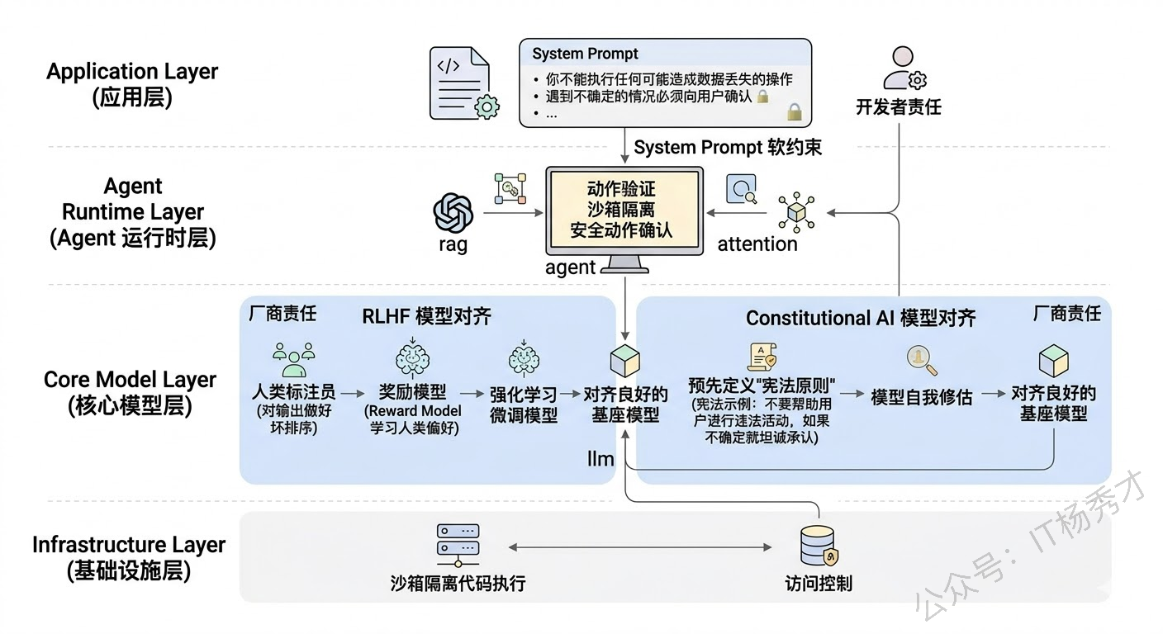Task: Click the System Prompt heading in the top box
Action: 585,54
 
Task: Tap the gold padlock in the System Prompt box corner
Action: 794,110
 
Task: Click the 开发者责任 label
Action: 898,107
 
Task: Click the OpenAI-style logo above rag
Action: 453,212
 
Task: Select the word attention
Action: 757,244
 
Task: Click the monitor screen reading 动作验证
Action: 624,211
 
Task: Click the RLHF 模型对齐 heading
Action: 426,317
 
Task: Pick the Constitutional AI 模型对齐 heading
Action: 861,319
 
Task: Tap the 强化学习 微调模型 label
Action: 524,405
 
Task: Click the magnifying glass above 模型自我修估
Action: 920,359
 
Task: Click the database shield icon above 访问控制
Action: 819,546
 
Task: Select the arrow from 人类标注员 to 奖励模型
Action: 351,395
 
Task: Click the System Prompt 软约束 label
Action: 728,148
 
